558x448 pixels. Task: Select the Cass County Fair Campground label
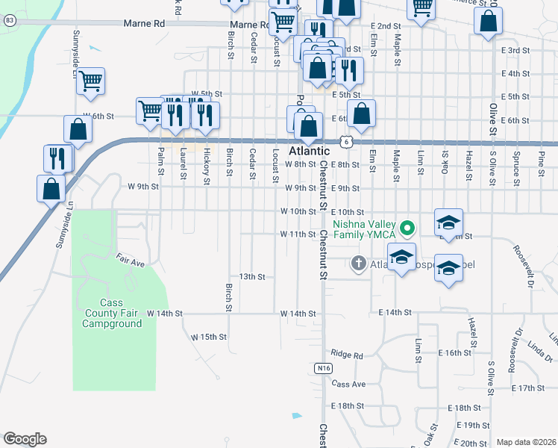pyautogui.click(x=111, y=314)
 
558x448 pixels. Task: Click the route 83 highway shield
pyautogui.click(x=9, y=21)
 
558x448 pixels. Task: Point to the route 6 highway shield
pyautogui.click(x=347, y=141)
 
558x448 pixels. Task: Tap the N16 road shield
pyautogui.click(x=322, y=368)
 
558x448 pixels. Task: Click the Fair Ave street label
pyautogui.click(x=130, y=262)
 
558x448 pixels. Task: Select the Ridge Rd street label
pyautogui.click(x=346, y=354)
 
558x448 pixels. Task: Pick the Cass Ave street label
pyautogui.click(x=348, y=384)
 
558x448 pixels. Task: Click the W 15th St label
pyautogui.click(x=208, y=337)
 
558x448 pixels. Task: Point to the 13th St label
pyautogui.click(x=252, y=277)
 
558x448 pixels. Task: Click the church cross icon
pyautogui.click(x=358, y=263)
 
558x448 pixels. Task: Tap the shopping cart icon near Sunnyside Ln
pyautogui.click(x=90, y=81)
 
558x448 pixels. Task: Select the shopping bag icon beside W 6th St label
pyautogui.click(x=78, y=130)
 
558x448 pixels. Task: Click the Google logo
pyautogui.click(x=25, y=439)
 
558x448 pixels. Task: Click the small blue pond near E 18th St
pyautogui.click(x=297, y=415)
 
